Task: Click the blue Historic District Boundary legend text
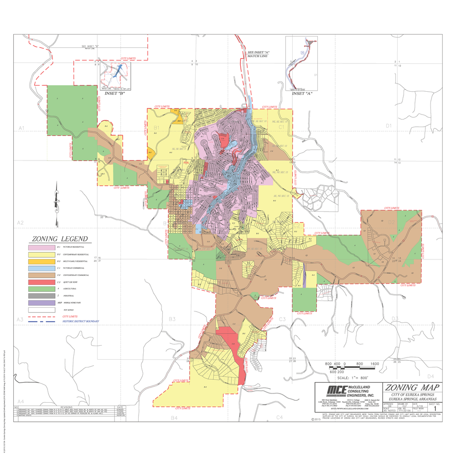pyautogui.click(x=80, y=321)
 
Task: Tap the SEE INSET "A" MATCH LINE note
pyautogui.click(x=259, y=54)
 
